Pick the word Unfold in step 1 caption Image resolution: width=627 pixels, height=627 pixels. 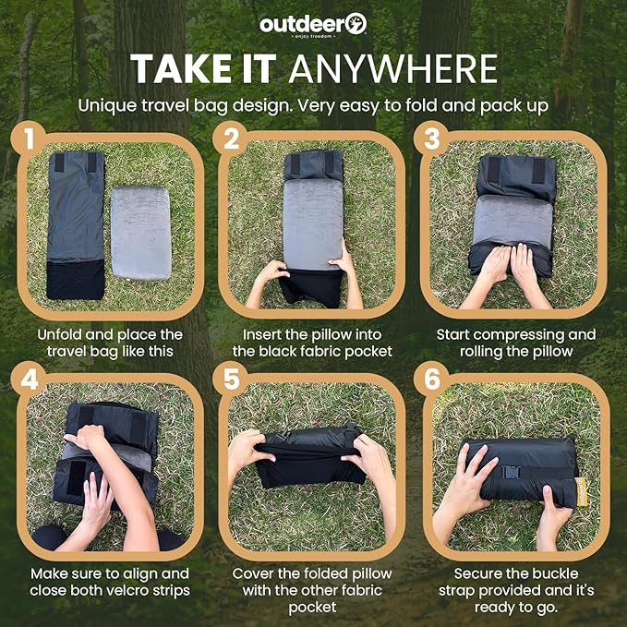[x=62, y=334]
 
